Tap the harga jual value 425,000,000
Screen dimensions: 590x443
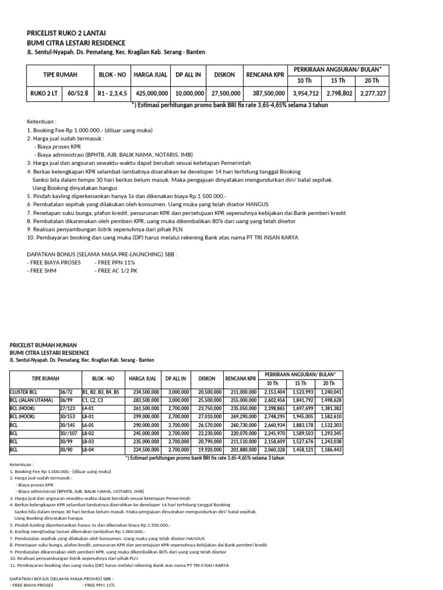[151, 93]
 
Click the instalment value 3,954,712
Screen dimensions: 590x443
[306, 93]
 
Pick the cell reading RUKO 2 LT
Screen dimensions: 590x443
[44, 93]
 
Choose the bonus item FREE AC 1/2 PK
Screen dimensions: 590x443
[115, 270]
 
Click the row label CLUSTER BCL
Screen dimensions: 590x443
[24, 392]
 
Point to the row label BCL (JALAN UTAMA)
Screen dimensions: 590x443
[30, 400]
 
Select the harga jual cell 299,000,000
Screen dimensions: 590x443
[144, 417]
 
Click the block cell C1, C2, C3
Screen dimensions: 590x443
[93, 400]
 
